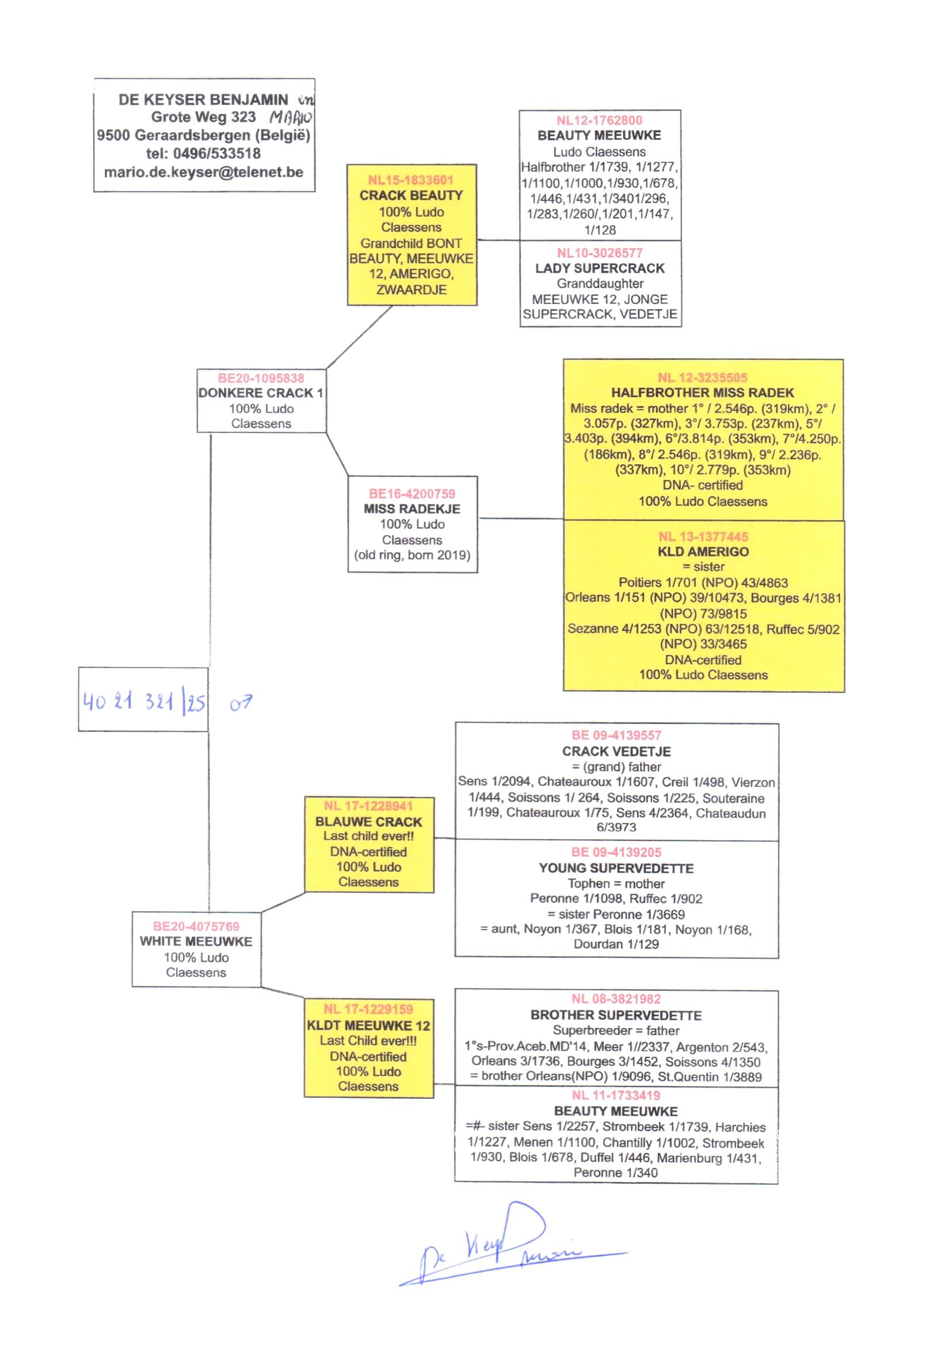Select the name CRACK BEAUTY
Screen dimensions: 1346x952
(x=411, y=195)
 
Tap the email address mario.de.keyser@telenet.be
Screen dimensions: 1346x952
(x=203, y=172)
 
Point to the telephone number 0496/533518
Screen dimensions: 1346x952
(x=216, y=154)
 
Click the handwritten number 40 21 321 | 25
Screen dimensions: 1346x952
(x=144, y=701)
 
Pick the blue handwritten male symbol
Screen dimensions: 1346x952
(x=241, y=703)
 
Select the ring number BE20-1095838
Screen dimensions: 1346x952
(x=261, y=378)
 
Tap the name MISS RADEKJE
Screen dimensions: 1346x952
(x=412, y=509)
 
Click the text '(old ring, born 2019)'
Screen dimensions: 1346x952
(x=412, y=555)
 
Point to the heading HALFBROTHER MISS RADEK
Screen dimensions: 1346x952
(x=702, y=392)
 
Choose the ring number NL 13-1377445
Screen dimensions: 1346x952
(x=703, y=536)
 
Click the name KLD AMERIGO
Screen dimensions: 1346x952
(x=703, y=551)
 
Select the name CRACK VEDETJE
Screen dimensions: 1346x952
(x=616, y=751)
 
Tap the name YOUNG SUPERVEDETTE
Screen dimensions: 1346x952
(x=616, y=868)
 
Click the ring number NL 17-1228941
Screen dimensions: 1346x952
(x=368, y=806)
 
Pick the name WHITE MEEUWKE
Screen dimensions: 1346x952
(x=196, y=941)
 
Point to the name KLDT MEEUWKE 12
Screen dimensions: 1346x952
(x=368, y=1026)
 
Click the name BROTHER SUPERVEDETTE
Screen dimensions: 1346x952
(x=616, y=1015)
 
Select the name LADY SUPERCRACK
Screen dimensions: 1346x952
(x=600, y=268)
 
